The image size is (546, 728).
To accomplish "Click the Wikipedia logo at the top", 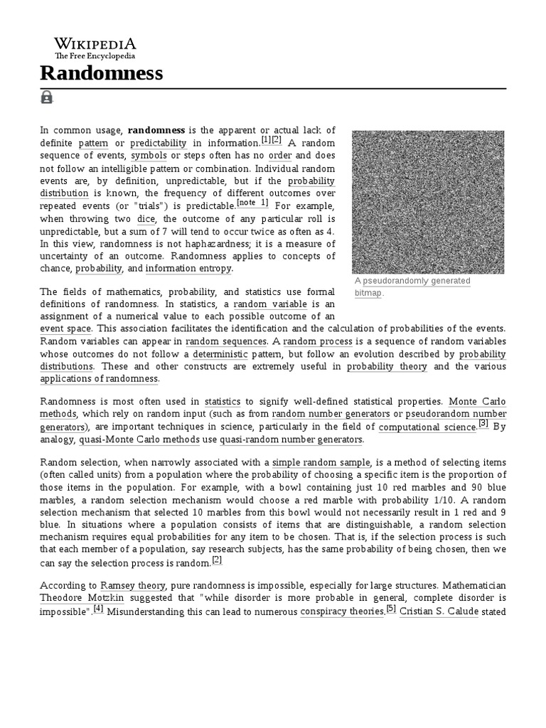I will (95, 47).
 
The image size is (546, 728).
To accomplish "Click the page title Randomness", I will (101, 73).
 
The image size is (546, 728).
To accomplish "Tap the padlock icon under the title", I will (47, 97).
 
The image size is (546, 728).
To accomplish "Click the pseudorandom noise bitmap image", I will (428, 202).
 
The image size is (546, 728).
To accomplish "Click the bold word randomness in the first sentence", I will (156, 130).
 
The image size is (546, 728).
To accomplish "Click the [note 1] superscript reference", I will (252, 203).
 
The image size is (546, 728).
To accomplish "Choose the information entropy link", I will (188, 268).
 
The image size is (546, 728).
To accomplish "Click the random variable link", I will (261, 304).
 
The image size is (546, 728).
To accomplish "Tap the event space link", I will (65, 328).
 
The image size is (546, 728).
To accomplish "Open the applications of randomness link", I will (99, 379).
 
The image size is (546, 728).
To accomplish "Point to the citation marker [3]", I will (483, 424).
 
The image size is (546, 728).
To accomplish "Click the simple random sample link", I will (316, 462).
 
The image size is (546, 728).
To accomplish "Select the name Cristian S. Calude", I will (439, 611).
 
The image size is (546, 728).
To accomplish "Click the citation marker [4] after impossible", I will (99, 609).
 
